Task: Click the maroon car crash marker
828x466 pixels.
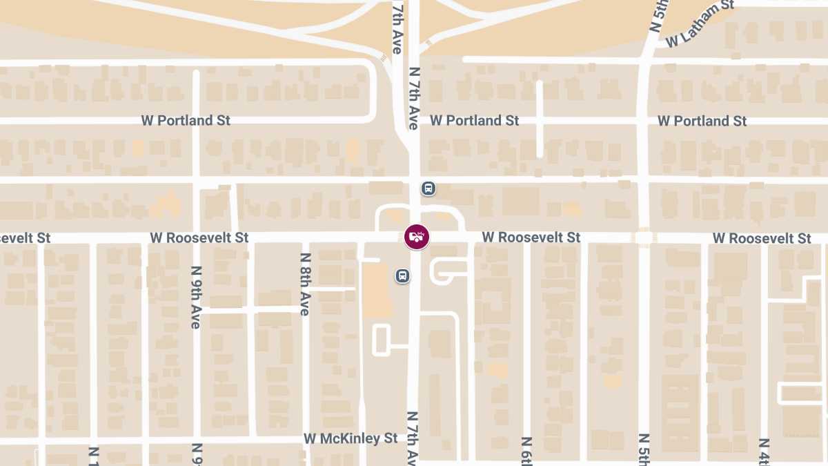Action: [x=416, y=237]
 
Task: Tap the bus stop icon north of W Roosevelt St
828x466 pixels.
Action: [x=428, y=188]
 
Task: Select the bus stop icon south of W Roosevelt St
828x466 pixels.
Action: [x=402, y=275]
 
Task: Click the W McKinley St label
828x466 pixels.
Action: [x=351, y=438]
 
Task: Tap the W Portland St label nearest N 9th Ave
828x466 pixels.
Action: [x=186, y=120]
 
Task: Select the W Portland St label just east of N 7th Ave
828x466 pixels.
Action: [x=474, y=120]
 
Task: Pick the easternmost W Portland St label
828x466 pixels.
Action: [x=702, y=121]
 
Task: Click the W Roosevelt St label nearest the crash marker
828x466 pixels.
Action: [x=531, y=237]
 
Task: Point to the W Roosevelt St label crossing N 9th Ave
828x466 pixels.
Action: [x=199, y=237]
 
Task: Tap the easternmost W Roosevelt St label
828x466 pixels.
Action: [x=762, y=238]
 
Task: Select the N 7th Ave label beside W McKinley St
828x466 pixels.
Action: [x=412, y=438]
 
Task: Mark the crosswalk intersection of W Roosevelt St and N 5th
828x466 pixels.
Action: [x=644, y=237]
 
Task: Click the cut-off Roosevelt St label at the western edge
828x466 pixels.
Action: [x=25, y=237]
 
